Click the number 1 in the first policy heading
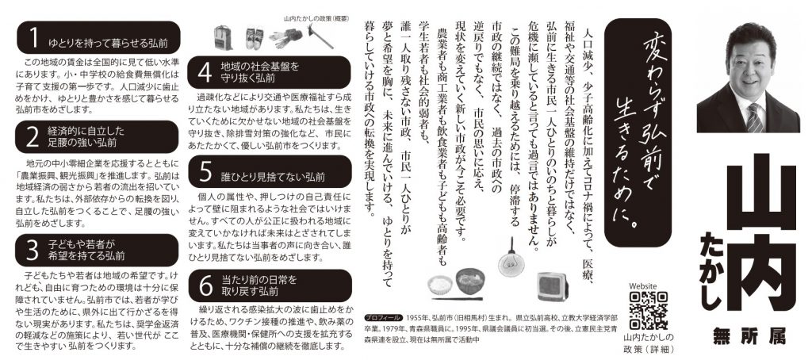33,38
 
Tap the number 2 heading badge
33,136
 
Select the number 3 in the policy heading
33,251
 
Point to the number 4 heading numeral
205,72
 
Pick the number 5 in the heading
205,171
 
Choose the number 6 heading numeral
205,285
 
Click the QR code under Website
648,311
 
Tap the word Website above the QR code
642,286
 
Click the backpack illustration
224,37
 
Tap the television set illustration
552,286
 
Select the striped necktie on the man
754,117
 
